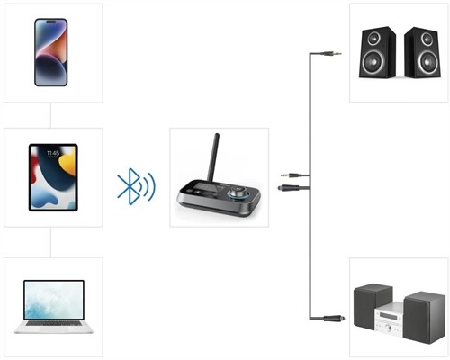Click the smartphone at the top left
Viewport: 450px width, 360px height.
[x=51, y=51]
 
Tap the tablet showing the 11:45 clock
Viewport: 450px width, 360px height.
[x=53, y=177]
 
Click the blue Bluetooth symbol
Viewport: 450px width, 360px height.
[x=136, y=184]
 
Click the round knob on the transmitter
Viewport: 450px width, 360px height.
[x=240, y=193]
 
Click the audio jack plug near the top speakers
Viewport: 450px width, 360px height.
[x=334, y=54]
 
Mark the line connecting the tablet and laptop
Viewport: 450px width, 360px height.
[x=51, y=241]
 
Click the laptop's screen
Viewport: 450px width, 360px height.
[x=53, y=298]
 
